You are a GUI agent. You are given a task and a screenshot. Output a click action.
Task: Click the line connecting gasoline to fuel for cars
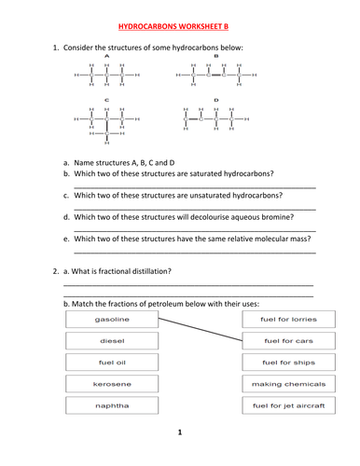pyautogui.click(x=201, y=330)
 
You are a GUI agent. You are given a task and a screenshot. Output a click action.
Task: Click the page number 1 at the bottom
pyautogui.click(x=179, y=433)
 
